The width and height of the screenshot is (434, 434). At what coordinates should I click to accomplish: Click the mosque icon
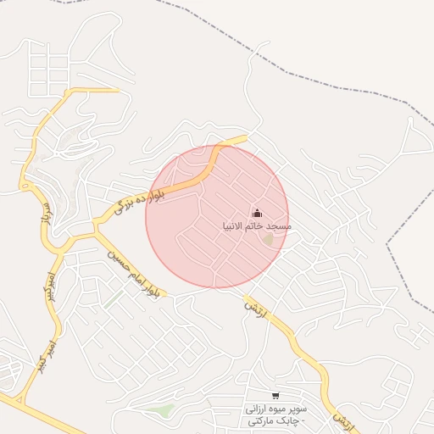(257, 213)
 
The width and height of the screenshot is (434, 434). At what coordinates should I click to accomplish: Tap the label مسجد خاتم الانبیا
(257, 226)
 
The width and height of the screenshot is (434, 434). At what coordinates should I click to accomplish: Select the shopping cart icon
(275, 395)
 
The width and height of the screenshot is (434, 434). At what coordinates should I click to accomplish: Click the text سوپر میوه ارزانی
(275, 409)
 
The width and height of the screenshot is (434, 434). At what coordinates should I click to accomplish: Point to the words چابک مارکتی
(275, 421)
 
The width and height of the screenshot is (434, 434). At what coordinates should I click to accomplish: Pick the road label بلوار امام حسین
(131, 272)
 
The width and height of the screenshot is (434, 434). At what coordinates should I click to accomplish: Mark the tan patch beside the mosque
(269, 240)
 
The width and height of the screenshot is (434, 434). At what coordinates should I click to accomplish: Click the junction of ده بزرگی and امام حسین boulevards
(96, 227)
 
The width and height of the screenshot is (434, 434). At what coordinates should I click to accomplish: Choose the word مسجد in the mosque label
(280, 226)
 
